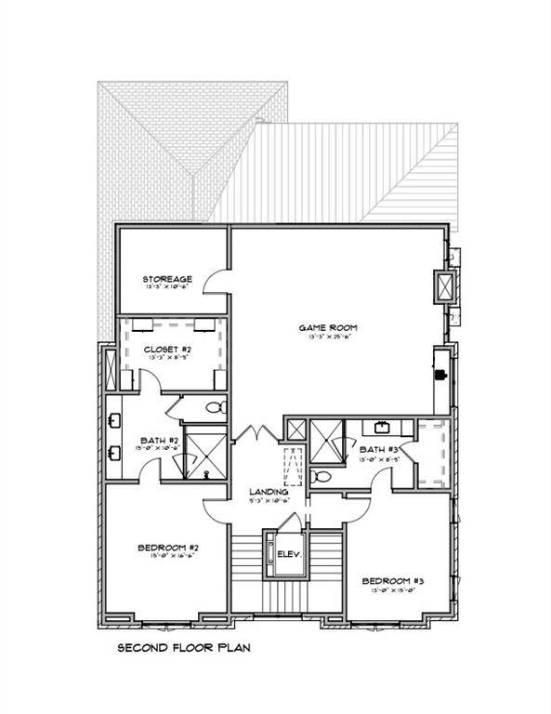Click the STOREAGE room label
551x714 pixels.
(x=167, y=279)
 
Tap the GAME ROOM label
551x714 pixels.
(x=328, y=327)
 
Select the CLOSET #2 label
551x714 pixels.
(x=167, y=350)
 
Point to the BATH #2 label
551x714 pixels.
(x=152, y=440)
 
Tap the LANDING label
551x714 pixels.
(x=269, y=492)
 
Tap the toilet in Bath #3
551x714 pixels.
(x=321, y=475)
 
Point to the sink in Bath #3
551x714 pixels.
(x=382, y=429)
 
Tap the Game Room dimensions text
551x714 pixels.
(x=328, y=338)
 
